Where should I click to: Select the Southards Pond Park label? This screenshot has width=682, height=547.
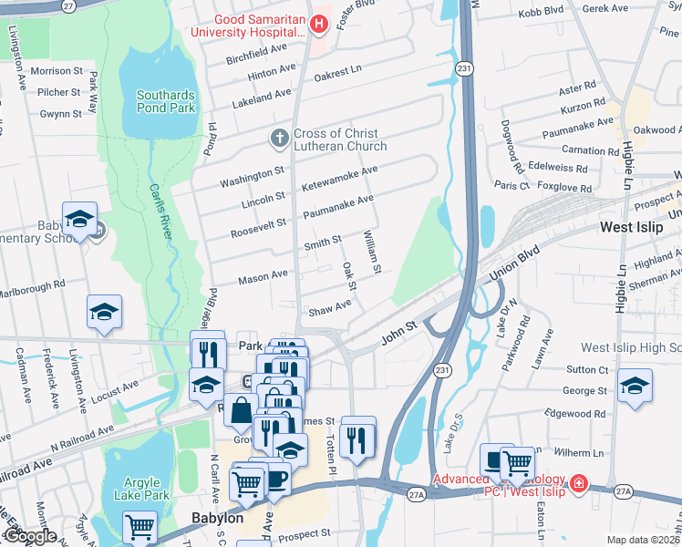(x=165, y=101)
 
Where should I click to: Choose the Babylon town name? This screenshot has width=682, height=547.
(x=216, y=518)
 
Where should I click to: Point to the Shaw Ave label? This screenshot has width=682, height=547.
(x=329, y=308)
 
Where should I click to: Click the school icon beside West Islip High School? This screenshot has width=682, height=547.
(x=635, y=386)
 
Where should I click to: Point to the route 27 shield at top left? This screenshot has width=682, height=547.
(x=68, y=5)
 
